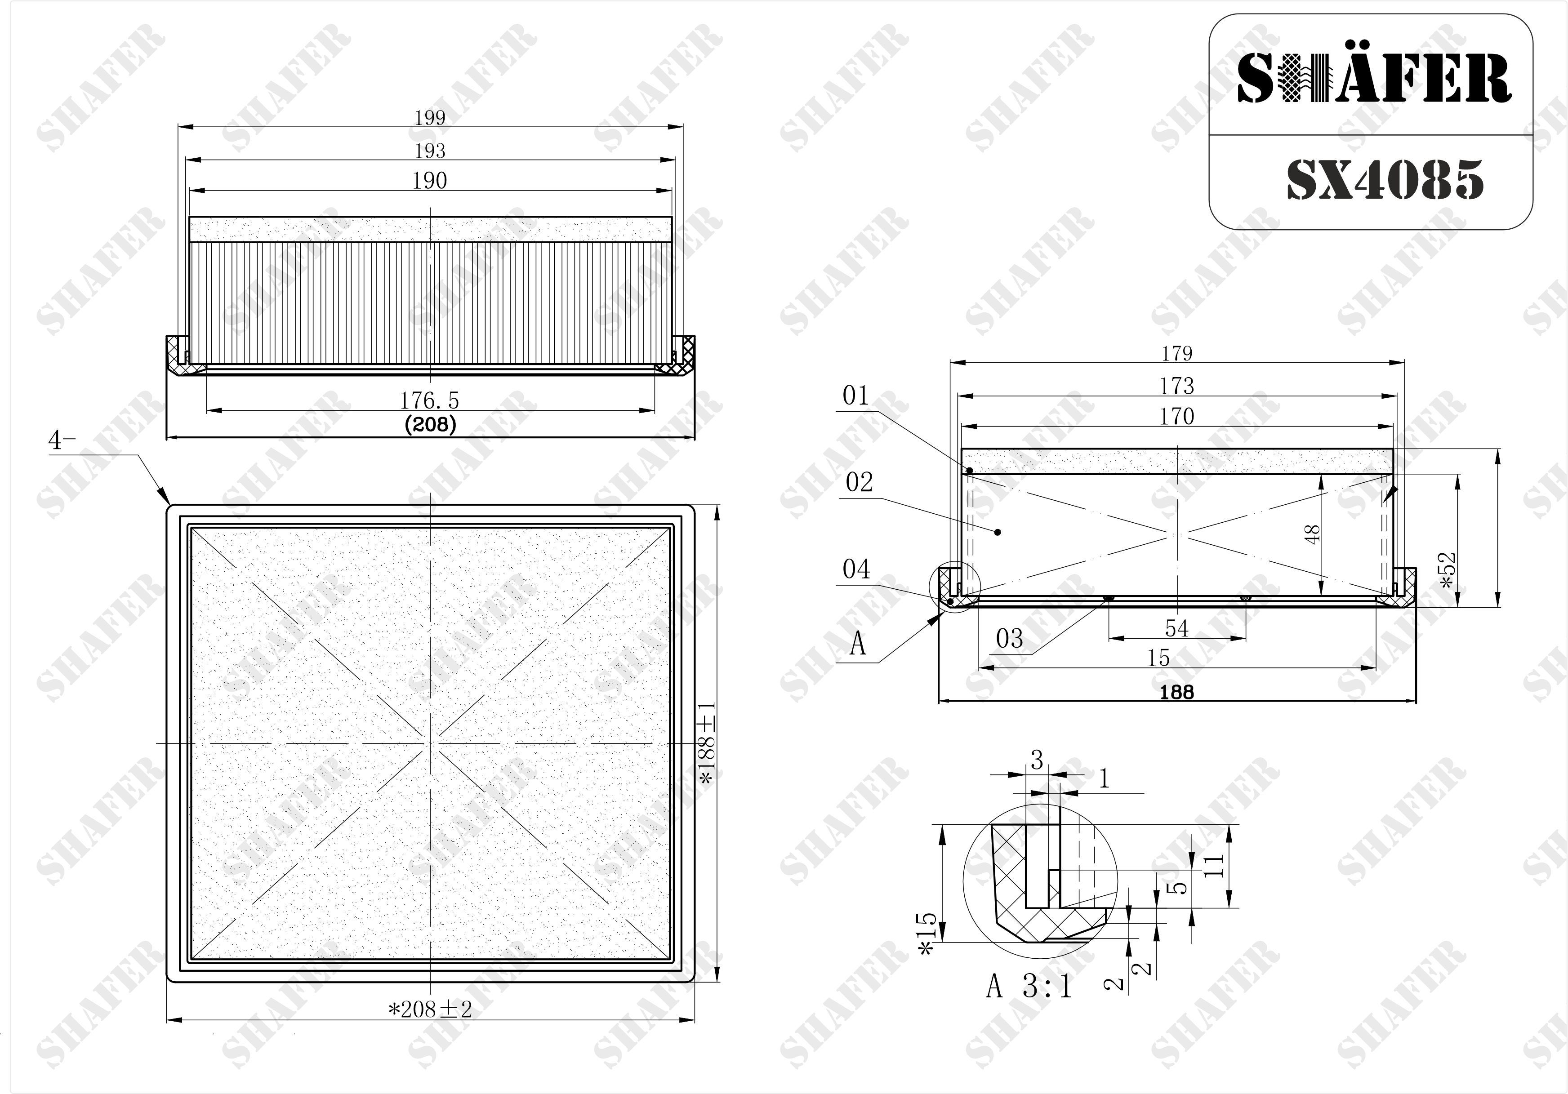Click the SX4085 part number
(x=1385, y=180)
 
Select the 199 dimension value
(x=430, y=117)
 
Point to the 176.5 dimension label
(x=430, y=400)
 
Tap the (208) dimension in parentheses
(x=430, y=425)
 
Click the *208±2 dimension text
(x=430, y=1010)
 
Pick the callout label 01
(x=856, y=396)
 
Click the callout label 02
(x=859, y=482)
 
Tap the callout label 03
(x=1009, y=639)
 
